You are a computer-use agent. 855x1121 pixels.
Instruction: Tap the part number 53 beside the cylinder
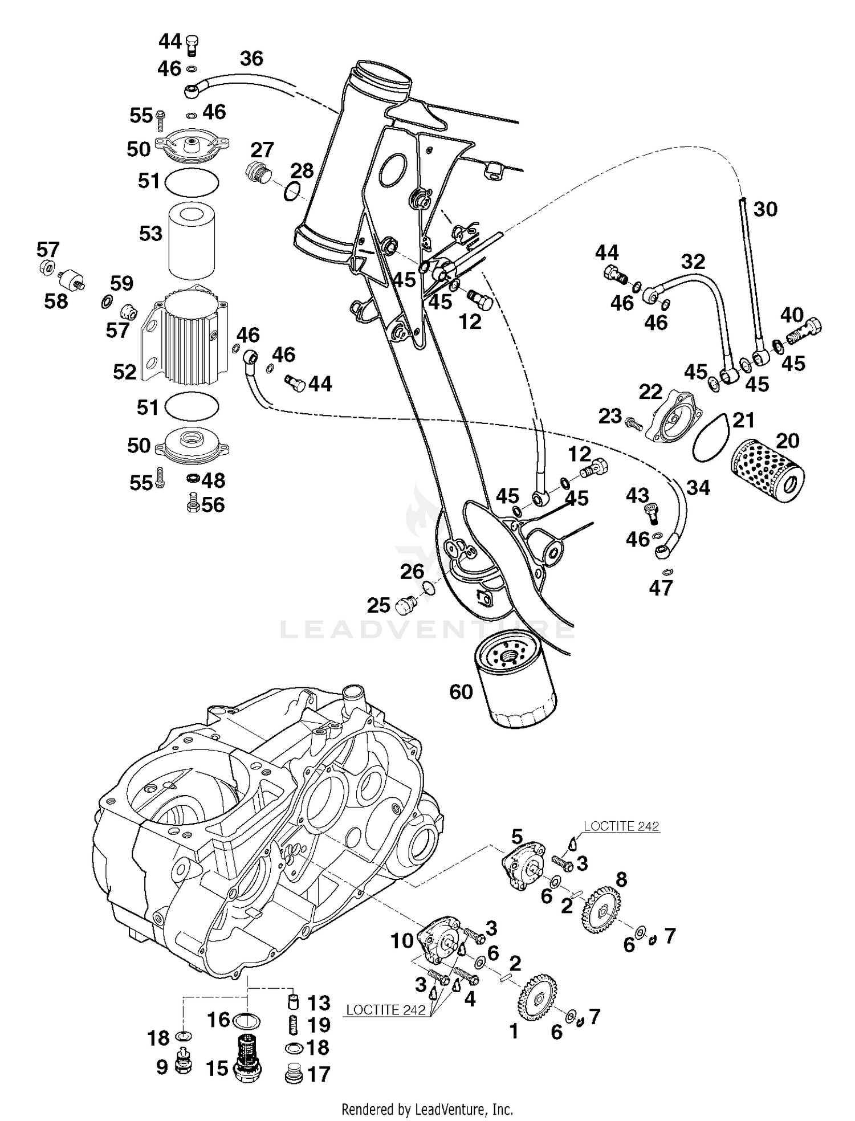tap(150, 234)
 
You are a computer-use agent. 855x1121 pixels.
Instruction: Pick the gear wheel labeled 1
tap(538, 998)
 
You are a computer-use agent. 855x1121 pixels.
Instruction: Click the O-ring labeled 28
tap(291, 191)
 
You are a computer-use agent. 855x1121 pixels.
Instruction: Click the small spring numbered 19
tap(292, 1025)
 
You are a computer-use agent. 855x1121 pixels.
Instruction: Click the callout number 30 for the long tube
tap(765, 209)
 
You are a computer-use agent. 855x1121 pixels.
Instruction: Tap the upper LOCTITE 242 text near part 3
tap(621, 826)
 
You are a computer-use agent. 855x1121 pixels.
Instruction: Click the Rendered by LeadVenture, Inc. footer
tap(427, 1109)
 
